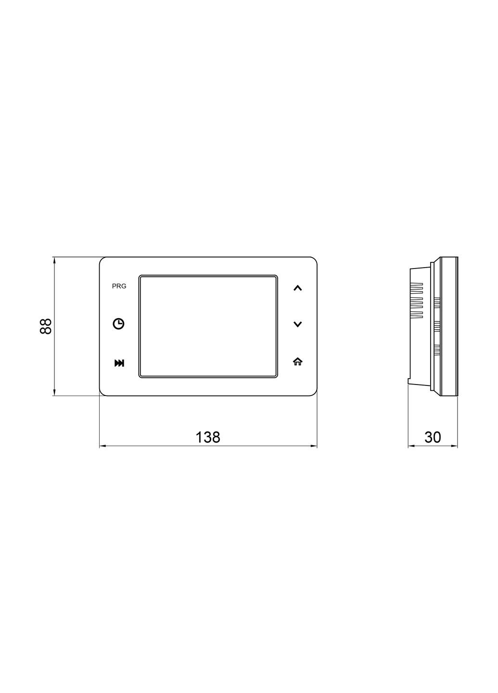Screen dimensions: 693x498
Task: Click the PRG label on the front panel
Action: click(x=119, y=286)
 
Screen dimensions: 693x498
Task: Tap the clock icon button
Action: click(x=118, y=324)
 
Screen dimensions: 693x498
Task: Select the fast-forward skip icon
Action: click(x=119, y=363)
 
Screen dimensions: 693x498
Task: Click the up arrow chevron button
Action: click(x=297, y=288)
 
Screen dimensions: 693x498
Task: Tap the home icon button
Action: click(x=297, y=362)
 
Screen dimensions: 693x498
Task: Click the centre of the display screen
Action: click(x=208, y=326)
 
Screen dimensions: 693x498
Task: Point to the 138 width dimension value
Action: click(x=208, y=437)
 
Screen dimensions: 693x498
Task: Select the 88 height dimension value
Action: click(x=46, y=326)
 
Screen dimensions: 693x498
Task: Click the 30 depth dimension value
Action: click(x=433, y=437)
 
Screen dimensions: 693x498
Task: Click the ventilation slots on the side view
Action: click(x=417, y=301)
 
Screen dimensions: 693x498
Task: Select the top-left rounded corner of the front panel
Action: click(x=102, y=260)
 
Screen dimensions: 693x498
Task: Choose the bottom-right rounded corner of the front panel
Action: click(x=314, y=393)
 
